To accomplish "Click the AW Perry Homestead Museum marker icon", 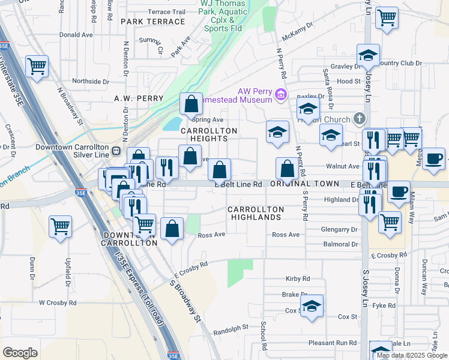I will pyautogui.click(x=280, y=95).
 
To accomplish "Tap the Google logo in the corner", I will pyautogui.click(x=20, y=353).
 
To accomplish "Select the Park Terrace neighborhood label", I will pyautogui.click(x=152, y=22).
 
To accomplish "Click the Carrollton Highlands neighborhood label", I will pyautogui.click(x=255, y=212).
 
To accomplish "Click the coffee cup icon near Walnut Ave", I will pyautogui.click(x=434, y=159).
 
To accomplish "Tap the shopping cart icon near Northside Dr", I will pyautogui.click(x=37, y=67).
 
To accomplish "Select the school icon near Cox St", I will pyautogui.click(x=312, y=307).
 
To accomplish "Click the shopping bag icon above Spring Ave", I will pyautogui.click(x=191, y=104).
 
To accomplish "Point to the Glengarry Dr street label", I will pyautogui.click(x=339, y=229).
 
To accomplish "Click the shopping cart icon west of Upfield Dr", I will pyautogui.click(x=60, y=226).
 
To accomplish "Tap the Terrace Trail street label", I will pyautogui.click(x=166, y=11).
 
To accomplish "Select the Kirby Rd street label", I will pyautogui.click(x=298, y=279).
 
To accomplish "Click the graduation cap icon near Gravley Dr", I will pyautogui.click(x=368, y=56).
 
